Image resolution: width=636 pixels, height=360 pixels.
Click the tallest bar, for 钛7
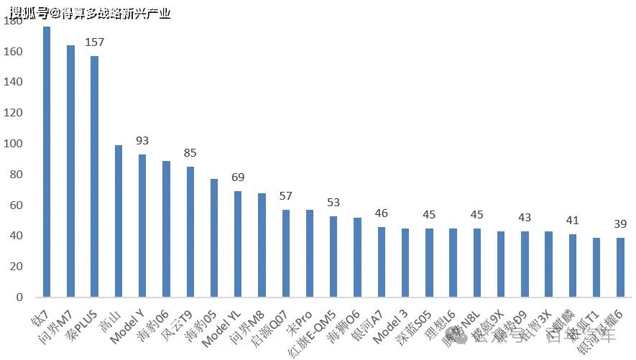(x=47, y=162)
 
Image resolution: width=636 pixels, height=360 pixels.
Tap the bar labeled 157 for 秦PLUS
(x=94, y=176)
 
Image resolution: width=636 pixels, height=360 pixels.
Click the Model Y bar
(x=142, y=226)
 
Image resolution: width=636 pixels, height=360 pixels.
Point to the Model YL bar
(x=238, y=244)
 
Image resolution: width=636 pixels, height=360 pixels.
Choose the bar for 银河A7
(x=381, y=262)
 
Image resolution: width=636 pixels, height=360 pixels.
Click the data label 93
(x=142, y=141)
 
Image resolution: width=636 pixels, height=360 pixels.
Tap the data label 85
(x=190, y=153)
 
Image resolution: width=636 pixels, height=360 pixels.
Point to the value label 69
(x=238, y=177)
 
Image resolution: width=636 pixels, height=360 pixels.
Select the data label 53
(x=333, y=203)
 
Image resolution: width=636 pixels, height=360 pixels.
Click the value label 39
(x=619, y=224)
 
